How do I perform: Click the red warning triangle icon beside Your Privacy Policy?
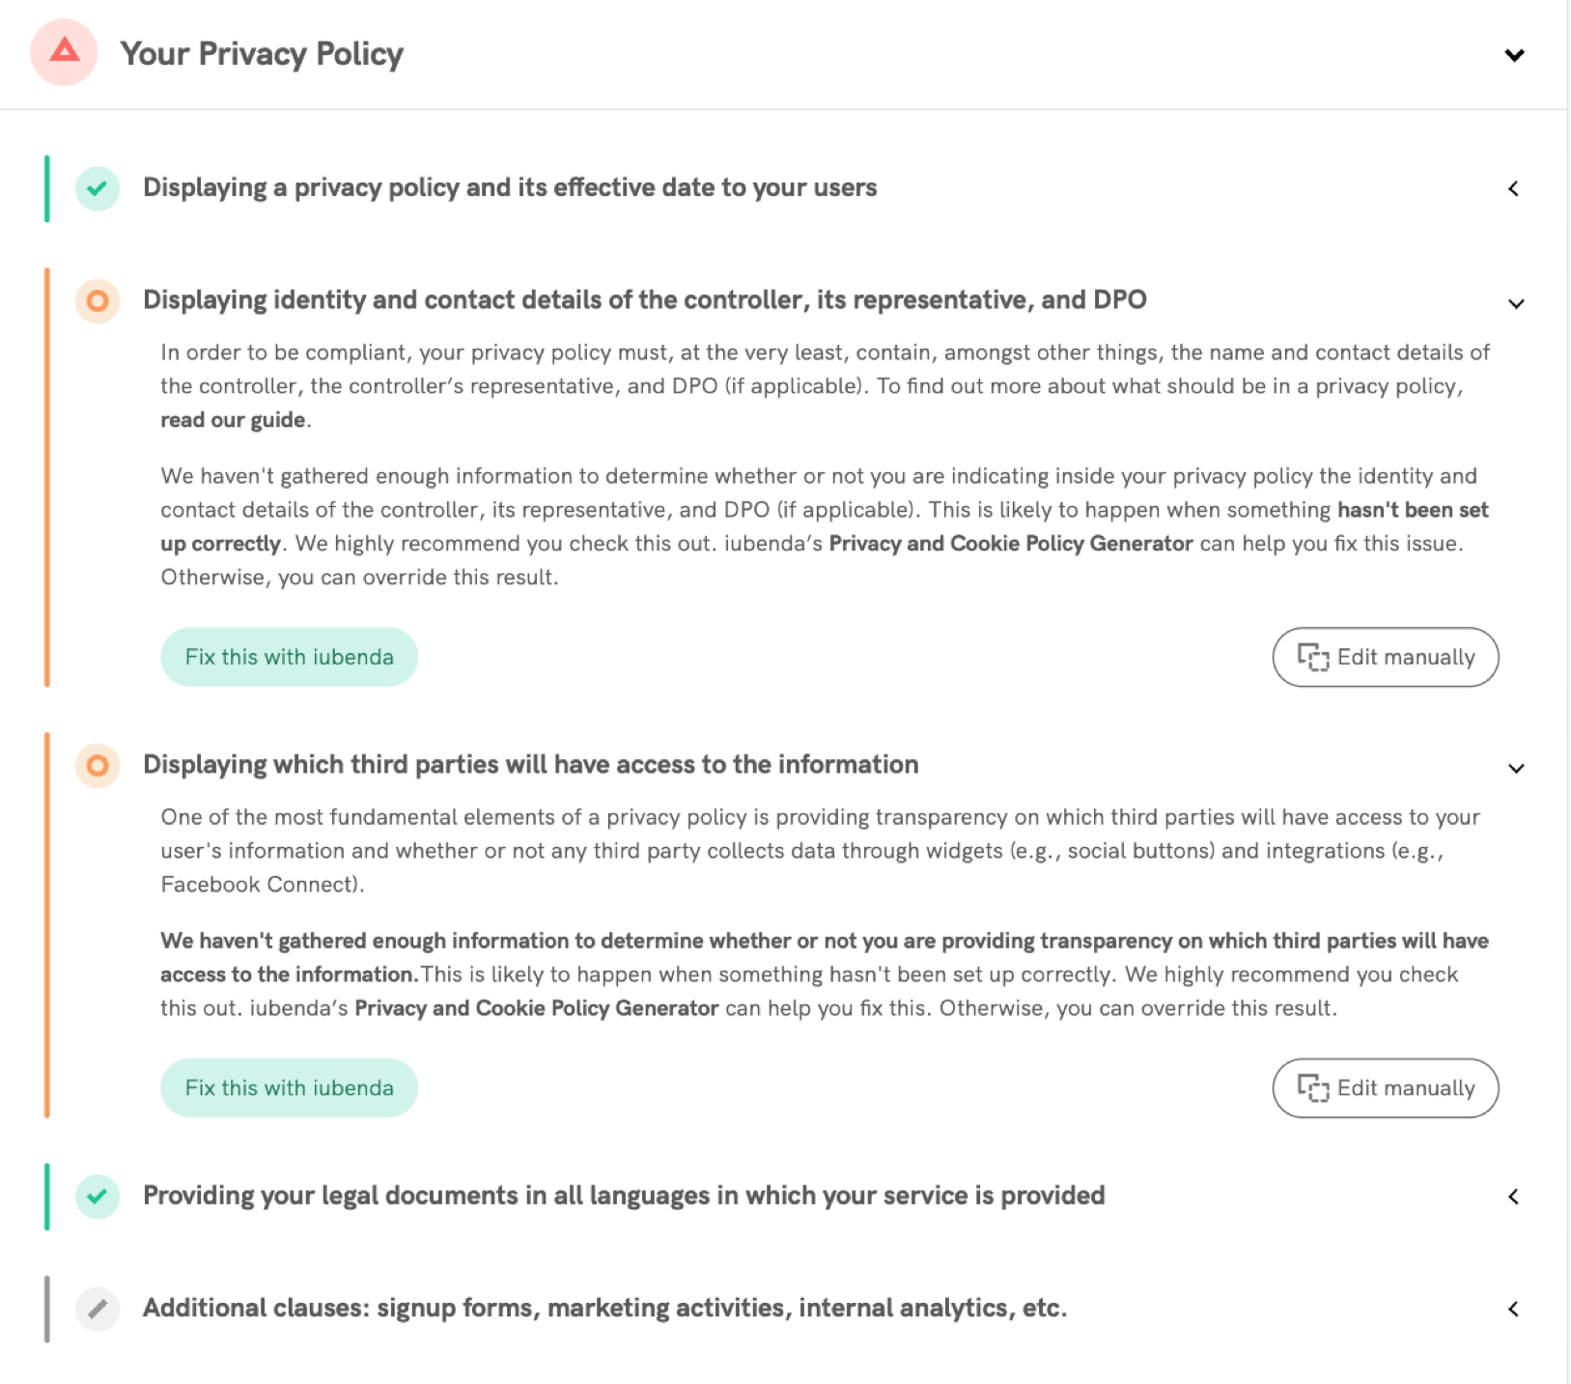tap(64, 52)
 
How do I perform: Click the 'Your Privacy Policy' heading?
tap(262, 54)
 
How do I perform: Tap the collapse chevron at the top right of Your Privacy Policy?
tap(1514, 55)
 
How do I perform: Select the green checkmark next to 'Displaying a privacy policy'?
tap(98, 188)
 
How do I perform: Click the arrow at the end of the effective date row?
tap(1514, 188)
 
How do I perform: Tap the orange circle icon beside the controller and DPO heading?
tap(98, 301)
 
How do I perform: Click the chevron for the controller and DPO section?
tap(1516, 304)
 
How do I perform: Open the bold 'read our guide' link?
tap(233, 420)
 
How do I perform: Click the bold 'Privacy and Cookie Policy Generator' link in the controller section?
tap(1011, 544)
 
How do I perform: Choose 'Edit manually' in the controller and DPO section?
tap(1385, 658)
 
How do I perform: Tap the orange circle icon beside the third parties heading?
tap(98, 766)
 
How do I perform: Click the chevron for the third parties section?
tap(1516, 769)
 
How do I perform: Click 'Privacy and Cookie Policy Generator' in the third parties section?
tap(536, 1008)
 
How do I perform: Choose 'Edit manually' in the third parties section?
tap(1385, 1088)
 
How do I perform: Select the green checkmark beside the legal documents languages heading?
tap(98, 1197)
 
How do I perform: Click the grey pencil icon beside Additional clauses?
tap(98, 1310)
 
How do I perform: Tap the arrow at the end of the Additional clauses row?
tap(1514, 1310)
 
